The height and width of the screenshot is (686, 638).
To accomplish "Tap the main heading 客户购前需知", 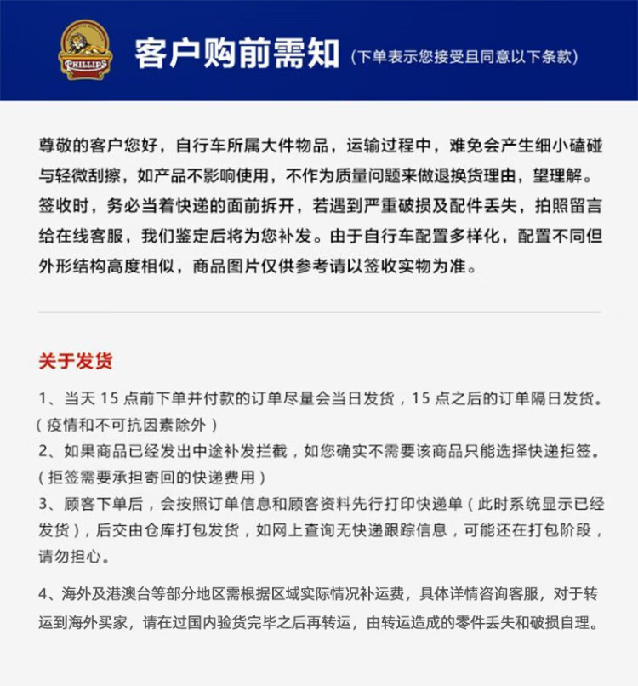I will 237,53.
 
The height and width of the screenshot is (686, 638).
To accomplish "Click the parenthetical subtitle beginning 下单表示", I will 464,57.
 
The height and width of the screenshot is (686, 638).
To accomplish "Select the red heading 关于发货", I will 75,361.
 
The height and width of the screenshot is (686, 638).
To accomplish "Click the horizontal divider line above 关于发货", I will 319,312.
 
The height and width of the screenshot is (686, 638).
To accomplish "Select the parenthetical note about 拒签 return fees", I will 153,477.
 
